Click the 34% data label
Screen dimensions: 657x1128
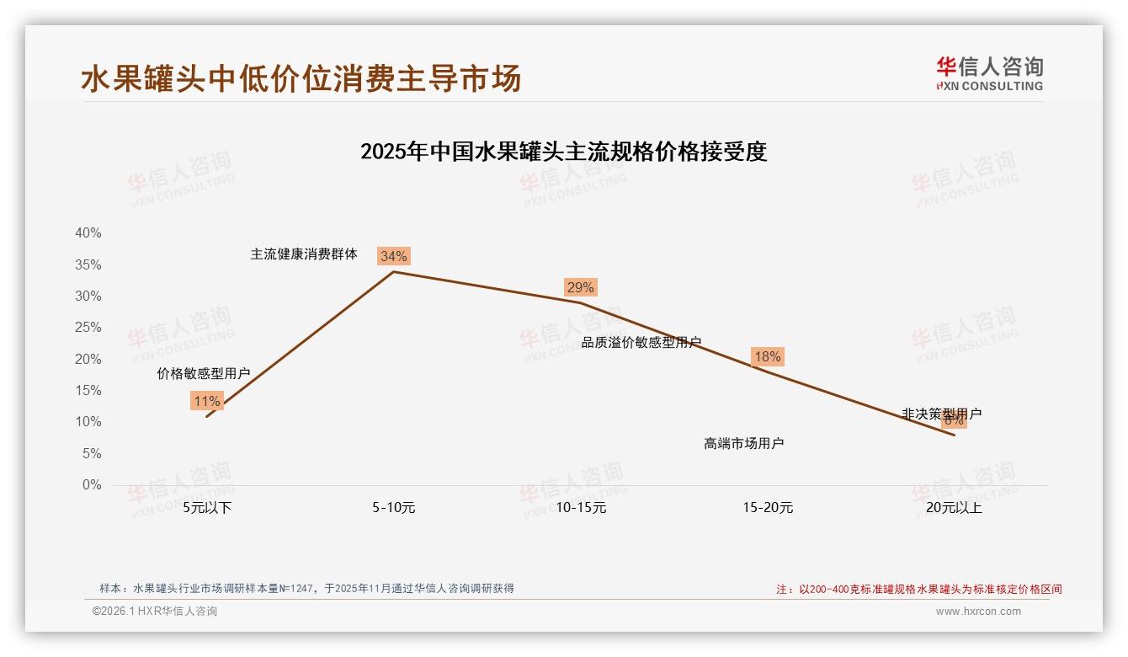click(393, 256)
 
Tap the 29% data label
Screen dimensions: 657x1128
click(580, 287)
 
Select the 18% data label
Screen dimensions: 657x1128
click(767, 356)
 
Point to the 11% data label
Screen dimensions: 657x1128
click(206, 401)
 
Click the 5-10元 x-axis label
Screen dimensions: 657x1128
click(394, 508)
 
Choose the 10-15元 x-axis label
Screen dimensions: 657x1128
click(581, 508)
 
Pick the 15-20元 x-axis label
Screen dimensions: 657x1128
click(768, 508)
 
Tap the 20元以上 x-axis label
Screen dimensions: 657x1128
click(954, 508)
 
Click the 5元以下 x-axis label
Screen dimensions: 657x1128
click(207, 508)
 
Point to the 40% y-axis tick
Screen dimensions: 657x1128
click(88, 233)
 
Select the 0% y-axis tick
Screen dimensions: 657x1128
click(92, 485)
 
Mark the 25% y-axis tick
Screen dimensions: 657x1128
click(88, 328)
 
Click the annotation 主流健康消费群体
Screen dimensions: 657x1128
click(304, 254)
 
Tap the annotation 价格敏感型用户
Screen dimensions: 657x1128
click(204, 373)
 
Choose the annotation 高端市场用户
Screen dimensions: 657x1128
click(744, 443)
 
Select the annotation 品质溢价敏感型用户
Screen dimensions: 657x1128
click(641, 342)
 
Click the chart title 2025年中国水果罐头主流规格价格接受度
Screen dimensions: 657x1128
click(563, 152)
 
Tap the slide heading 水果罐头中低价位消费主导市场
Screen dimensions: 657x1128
click(301, 78)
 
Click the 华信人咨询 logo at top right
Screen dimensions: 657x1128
click(989, 73)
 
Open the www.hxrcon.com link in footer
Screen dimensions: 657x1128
click(978, 612)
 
